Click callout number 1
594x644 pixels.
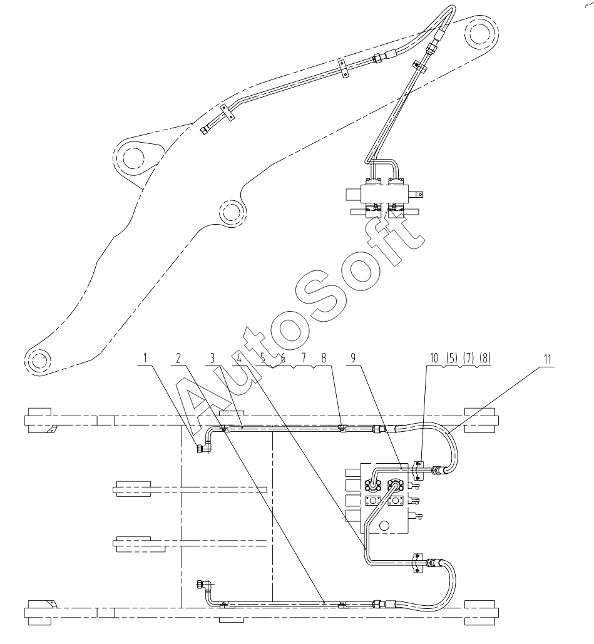click(x=145, y=358)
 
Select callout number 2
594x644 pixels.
click(x=178, y=358)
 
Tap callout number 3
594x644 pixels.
click(x=212, y=358)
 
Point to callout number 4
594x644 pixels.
click(x=240, y=358)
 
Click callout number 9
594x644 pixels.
click(x=352, y=358)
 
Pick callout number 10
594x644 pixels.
click(x=434, y=358)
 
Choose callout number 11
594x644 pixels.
click(x=547, y=359)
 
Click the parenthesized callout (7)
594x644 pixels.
click(x=468, y=358)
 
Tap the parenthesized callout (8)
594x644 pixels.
click(x=484, y=358)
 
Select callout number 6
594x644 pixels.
click(x=283, y=358)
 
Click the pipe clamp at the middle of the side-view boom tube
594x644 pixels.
click(x=344, y=69)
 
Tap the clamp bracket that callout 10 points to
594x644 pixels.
click(x=417, y=470)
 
